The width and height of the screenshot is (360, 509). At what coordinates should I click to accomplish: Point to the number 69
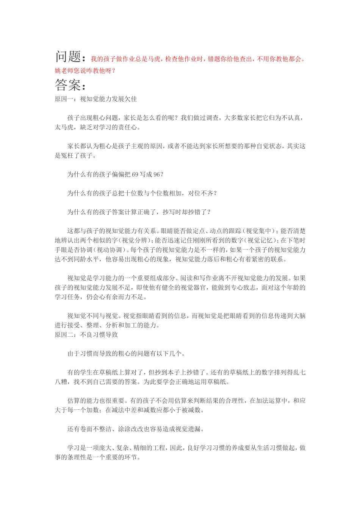(x=135, y=174)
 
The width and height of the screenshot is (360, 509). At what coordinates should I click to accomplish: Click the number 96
(x=157, y=174)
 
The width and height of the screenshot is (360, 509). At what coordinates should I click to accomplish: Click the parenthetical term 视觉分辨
(x=136, y=240)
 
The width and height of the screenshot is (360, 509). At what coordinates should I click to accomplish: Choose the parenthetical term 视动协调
(x=110, y=250)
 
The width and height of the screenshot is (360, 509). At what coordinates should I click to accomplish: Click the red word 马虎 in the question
(x=154, y=59)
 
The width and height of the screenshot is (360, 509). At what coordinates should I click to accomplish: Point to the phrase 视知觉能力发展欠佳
(x=108, y=99)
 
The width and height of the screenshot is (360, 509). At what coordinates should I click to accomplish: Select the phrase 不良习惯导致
(x=99, y=334)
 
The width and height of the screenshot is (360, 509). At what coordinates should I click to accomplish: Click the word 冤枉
(x=67, y=155)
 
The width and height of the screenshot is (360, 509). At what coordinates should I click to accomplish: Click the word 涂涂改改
(x=131, y=429)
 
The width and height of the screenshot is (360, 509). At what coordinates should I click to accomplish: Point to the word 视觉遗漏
(x=188, y=429)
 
